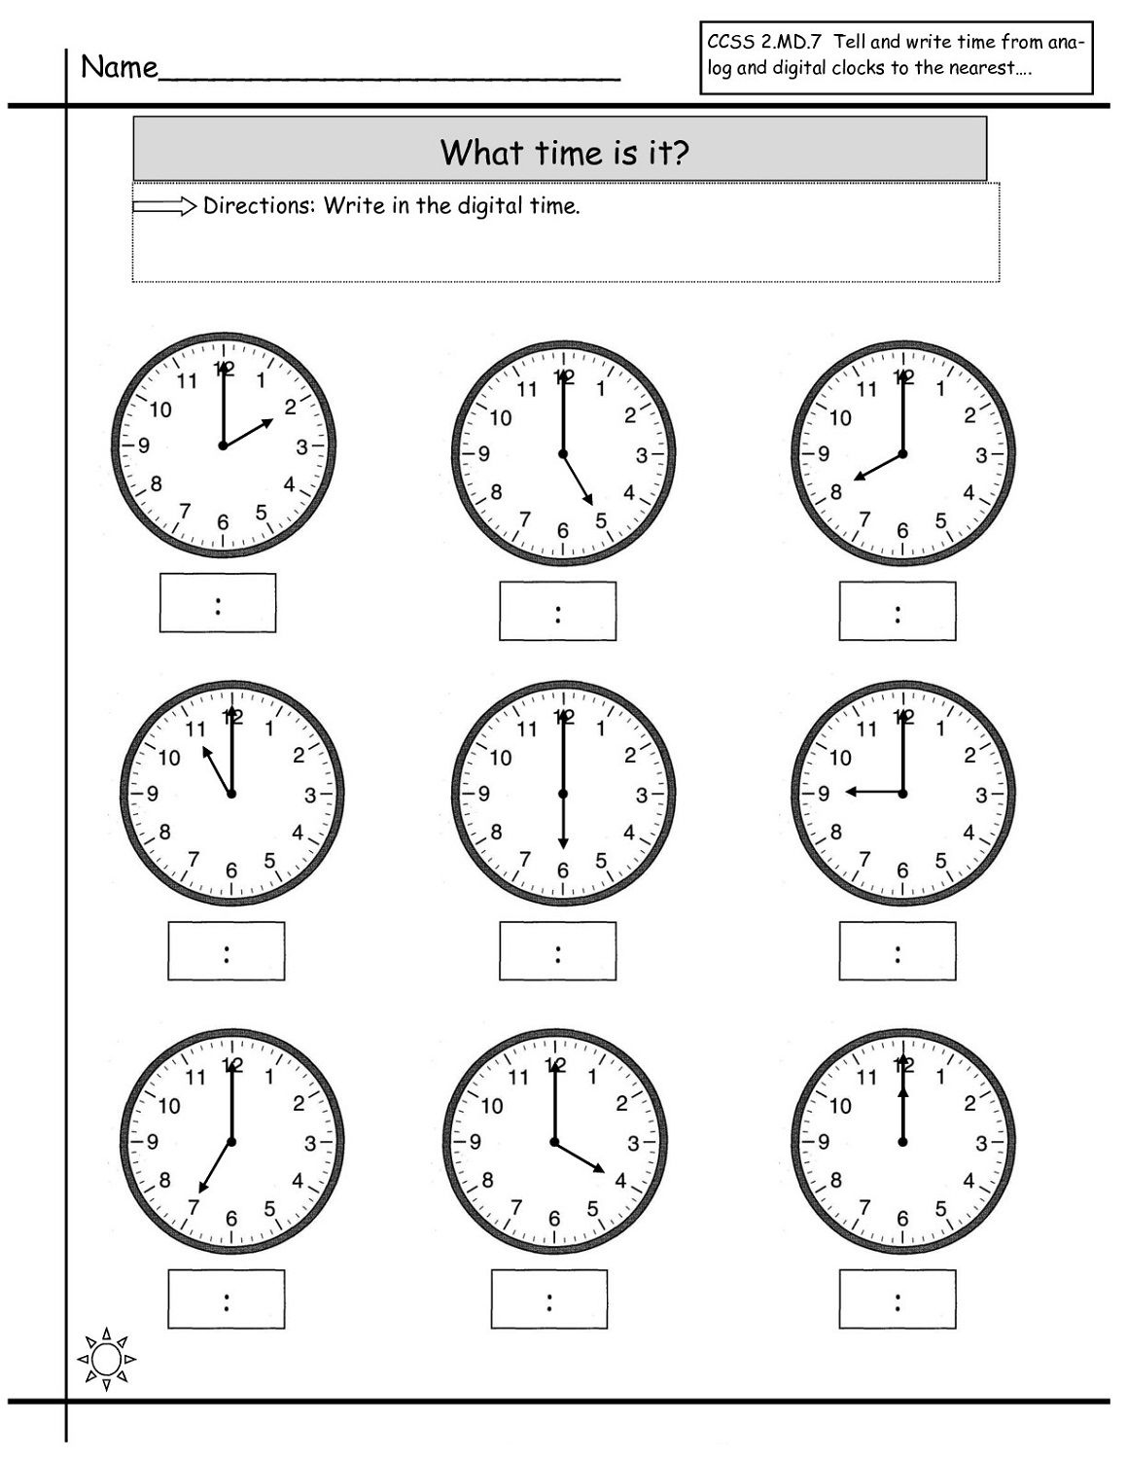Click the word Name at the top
[x=119, y=67]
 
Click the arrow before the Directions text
[x=164, y=206]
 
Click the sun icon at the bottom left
[x=106, y=1357]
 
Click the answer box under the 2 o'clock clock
[x=218, y=603]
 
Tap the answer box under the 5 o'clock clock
[x=557, y=611]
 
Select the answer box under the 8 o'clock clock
[x=898, y=611]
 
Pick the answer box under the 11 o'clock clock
[x=227, y=951]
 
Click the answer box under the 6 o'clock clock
[x=557, y=951]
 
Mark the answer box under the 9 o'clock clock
[x=898, y=951]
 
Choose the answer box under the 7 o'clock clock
[x=227, y=1299]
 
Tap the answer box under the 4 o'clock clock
[x=549, y=1299]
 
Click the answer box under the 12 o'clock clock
[x=898, y=1299]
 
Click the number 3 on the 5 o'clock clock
[x=642, y=455]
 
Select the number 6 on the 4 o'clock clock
[x=554, y=1219]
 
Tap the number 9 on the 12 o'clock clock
[x=824, y=1142]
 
